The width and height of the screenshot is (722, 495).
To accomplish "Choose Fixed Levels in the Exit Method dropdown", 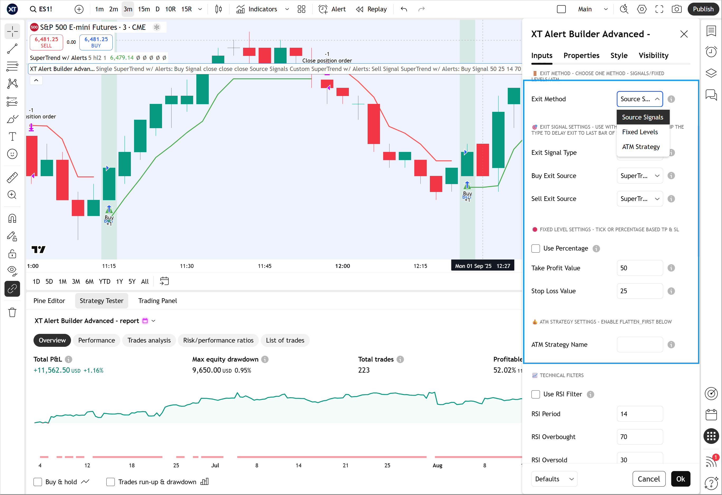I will tap(640, 132).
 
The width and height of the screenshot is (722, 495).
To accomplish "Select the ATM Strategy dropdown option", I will tap(641, 147).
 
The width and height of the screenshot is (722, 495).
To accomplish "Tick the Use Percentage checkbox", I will tap(536, 248).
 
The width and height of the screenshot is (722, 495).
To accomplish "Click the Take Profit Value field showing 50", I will tap(639, 268).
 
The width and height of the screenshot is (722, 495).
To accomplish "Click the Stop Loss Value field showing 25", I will tap(639, 291).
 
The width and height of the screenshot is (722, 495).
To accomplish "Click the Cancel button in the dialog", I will tap(648, 479).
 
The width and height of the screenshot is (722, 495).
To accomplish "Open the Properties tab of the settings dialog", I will tap(581, 56).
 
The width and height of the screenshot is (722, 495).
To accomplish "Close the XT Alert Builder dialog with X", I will tap(684, 34).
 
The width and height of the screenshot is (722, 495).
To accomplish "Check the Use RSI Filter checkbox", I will tap(536, 394).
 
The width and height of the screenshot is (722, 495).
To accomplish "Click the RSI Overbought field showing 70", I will tap(639, 437).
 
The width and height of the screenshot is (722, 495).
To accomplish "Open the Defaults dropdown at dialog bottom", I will tap(554, 479).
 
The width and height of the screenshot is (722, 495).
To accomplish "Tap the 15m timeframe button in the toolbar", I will tap(144, 9).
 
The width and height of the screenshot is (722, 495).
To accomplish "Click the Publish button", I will tap(703, 9).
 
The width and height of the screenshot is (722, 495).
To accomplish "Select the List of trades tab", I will tap(285, 340).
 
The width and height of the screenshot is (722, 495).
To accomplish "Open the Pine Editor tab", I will tap(49, 301).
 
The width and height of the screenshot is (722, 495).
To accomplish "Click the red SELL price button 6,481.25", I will tap(46, 42).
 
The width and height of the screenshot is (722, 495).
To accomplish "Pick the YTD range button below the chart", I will tap(104, 281).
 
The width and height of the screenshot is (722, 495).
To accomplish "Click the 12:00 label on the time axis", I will tap(342, 266).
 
